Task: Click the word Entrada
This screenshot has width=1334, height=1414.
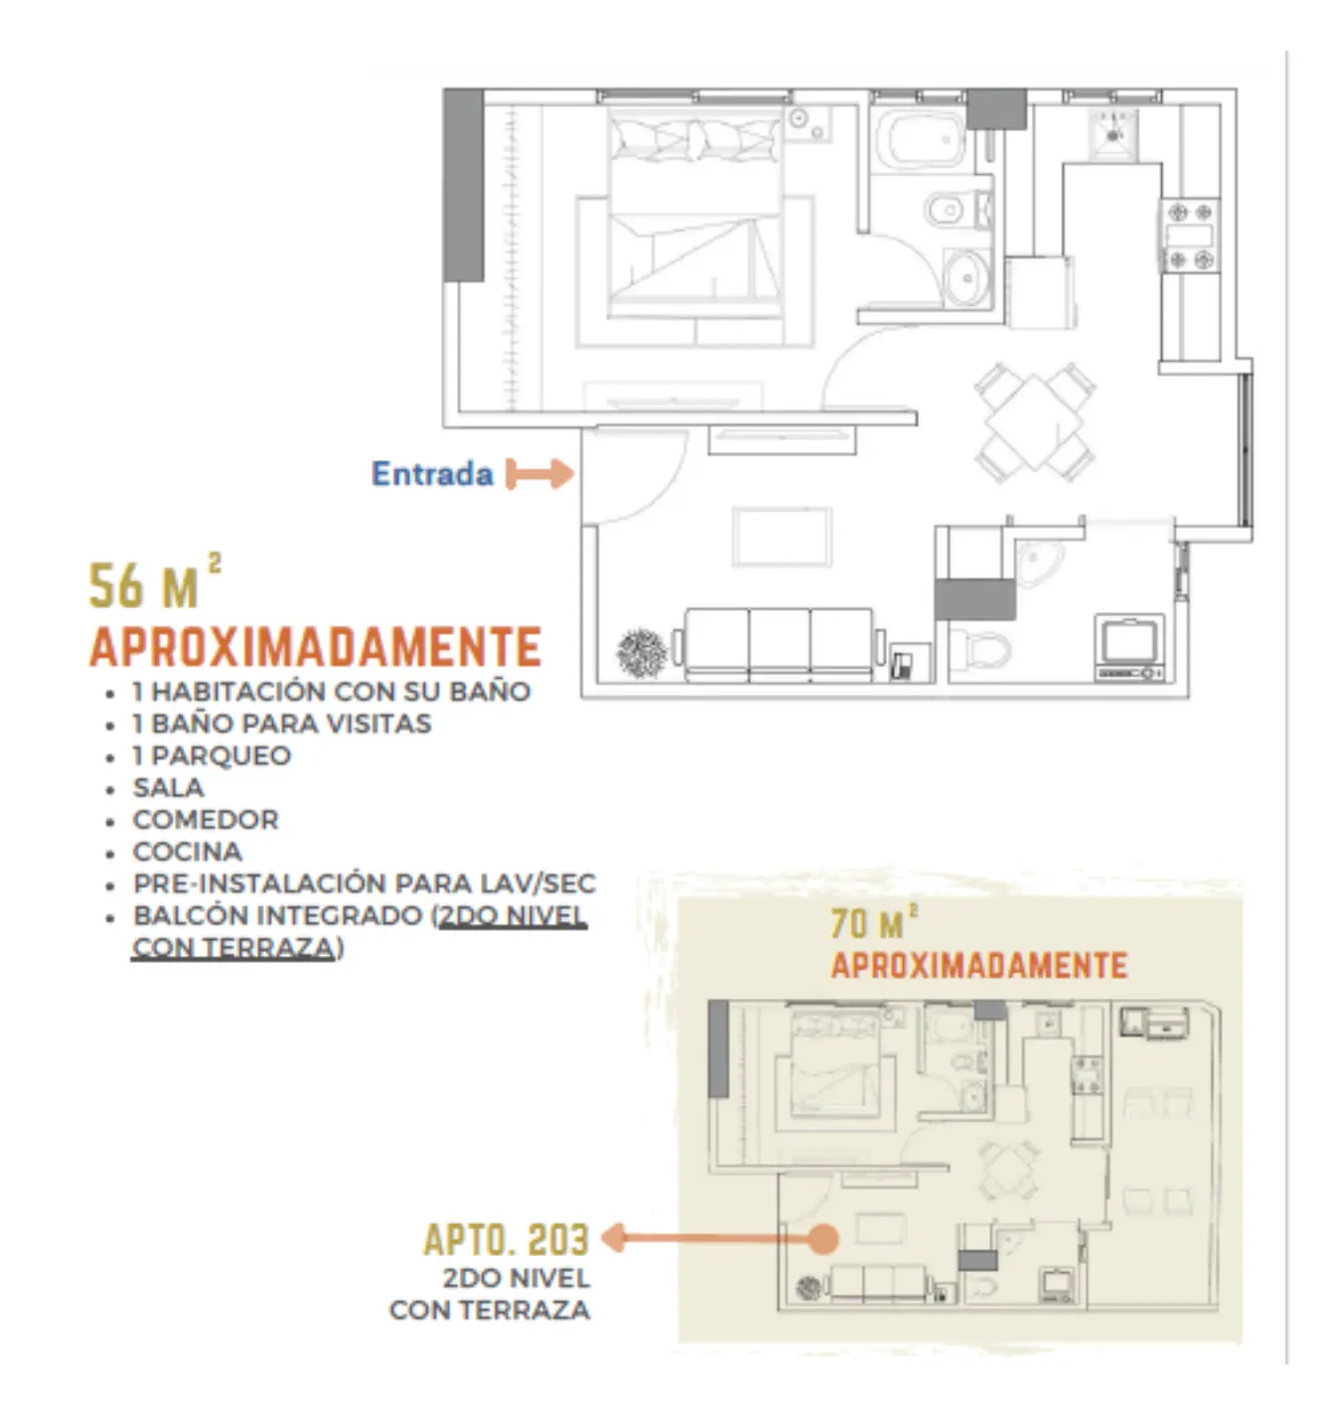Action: [x=432, y=474]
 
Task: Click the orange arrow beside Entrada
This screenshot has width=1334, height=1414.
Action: [x=539, y=474]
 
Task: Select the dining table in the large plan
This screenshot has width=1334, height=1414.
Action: [x=1034, y=422]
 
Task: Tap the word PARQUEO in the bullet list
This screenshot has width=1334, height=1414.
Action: [x=221, y=756]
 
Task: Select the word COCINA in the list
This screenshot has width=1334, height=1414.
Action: [x=188, y=852]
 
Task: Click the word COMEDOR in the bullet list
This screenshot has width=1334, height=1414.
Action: [x=206, y=820]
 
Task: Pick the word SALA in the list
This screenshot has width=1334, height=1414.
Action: [x=169, y=788]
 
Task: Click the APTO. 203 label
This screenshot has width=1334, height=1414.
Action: [x=507, y=1240]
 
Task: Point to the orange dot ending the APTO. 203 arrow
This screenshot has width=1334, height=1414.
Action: [x=822, y=1239]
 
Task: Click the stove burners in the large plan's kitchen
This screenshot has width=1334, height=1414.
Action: [x=1190, y=236]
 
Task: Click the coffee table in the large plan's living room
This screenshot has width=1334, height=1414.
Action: [x=783, y=537]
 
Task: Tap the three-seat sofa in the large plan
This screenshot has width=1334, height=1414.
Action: [x=779, y=644]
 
